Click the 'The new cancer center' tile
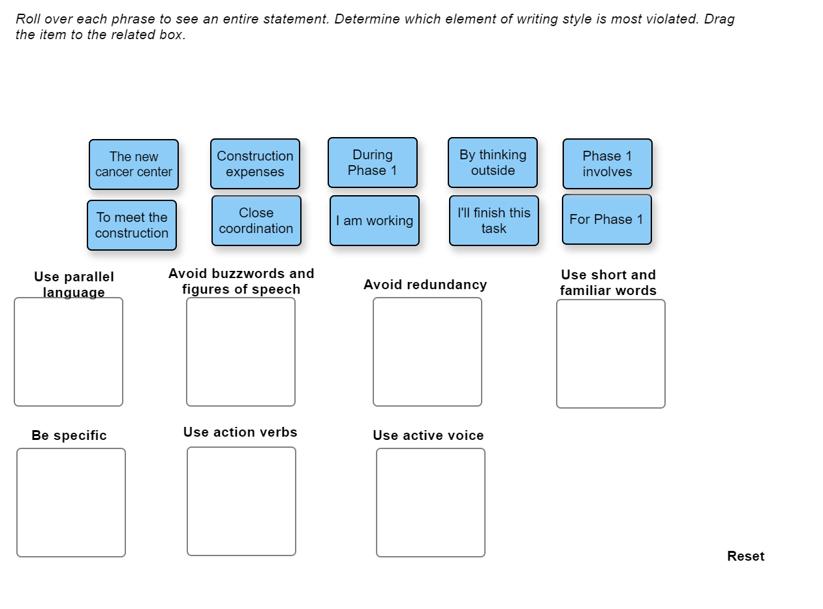134,164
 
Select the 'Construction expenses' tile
255,164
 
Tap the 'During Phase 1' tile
373,163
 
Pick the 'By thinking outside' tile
493,163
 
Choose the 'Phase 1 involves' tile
608,164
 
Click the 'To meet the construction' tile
132,225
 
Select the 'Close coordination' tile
256,221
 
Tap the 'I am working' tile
375,221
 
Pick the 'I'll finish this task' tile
494,221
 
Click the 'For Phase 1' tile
607,219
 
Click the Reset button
745,556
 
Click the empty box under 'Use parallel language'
69,352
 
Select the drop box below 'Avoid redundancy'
427,352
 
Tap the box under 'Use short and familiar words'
611,354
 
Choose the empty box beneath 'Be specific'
71,503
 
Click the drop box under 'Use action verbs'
241,501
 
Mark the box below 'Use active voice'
431,503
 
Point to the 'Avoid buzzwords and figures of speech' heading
241,281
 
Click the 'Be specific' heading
69,435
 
